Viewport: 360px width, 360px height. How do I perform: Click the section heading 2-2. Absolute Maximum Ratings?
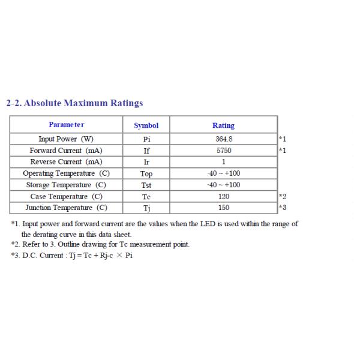74,103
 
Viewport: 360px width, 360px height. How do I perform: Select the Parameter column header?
66,125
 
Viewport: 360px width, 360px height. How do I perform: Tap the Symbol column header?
146,125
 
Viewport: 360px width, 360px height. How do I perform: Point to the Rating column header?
223,125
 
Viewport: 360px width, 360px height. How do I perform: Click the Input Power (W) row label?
66,139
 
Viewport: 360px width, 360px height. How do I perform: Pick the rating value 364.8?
223,139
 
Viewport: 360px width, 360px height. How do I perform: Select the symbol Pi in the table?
146,139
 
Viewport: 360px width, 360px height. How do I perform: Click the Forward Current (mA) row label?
66,150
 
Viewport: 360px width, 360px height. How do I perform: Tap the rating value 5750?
223,150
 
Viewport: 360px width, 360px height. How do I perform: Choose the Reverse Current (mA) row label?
66,161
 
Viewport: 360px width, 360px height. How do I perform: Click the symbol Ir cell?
146,162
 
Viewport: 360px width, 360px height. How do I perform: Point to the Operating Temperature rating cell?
223,173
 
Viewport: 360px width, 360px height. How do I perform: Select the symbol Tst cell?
146,185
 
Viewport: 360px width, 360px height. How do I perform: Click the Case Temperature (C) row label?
66,196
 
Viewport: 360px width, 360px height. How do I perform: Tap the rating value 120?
223,196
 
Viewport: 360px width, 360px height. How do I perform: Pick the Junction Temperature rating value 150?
223,208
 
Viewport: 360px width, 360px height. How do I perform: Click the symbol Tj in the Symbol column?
146,208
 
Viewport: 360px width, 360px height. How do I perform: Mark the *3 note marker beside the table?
283,208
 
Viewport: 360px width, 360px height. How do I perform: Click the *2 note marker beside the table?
283,196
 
